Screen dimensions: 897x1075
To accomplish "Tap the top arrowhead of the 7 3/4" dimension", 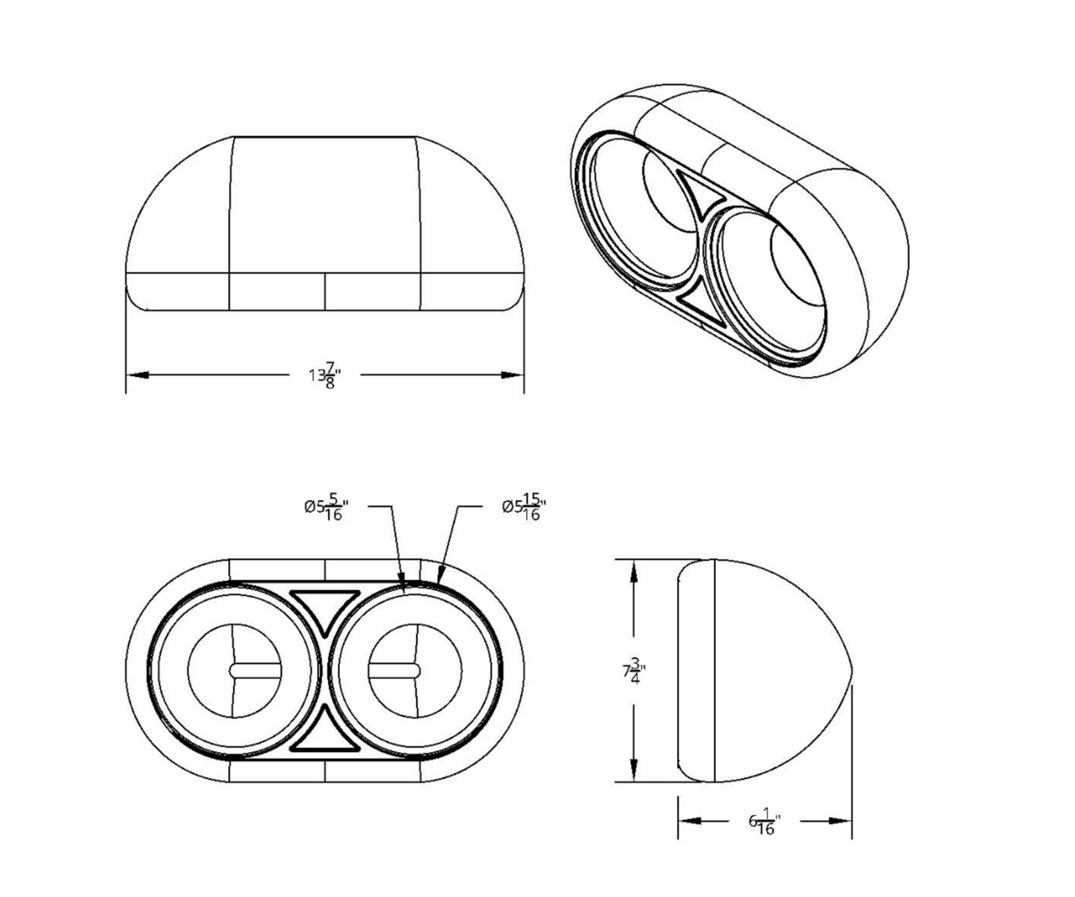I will (633, 572).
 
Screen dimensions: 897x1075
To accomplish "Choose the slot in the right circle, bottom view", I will (394, 670).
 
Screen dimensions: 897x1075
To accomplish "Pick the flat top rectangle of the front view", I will (324, 205).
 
